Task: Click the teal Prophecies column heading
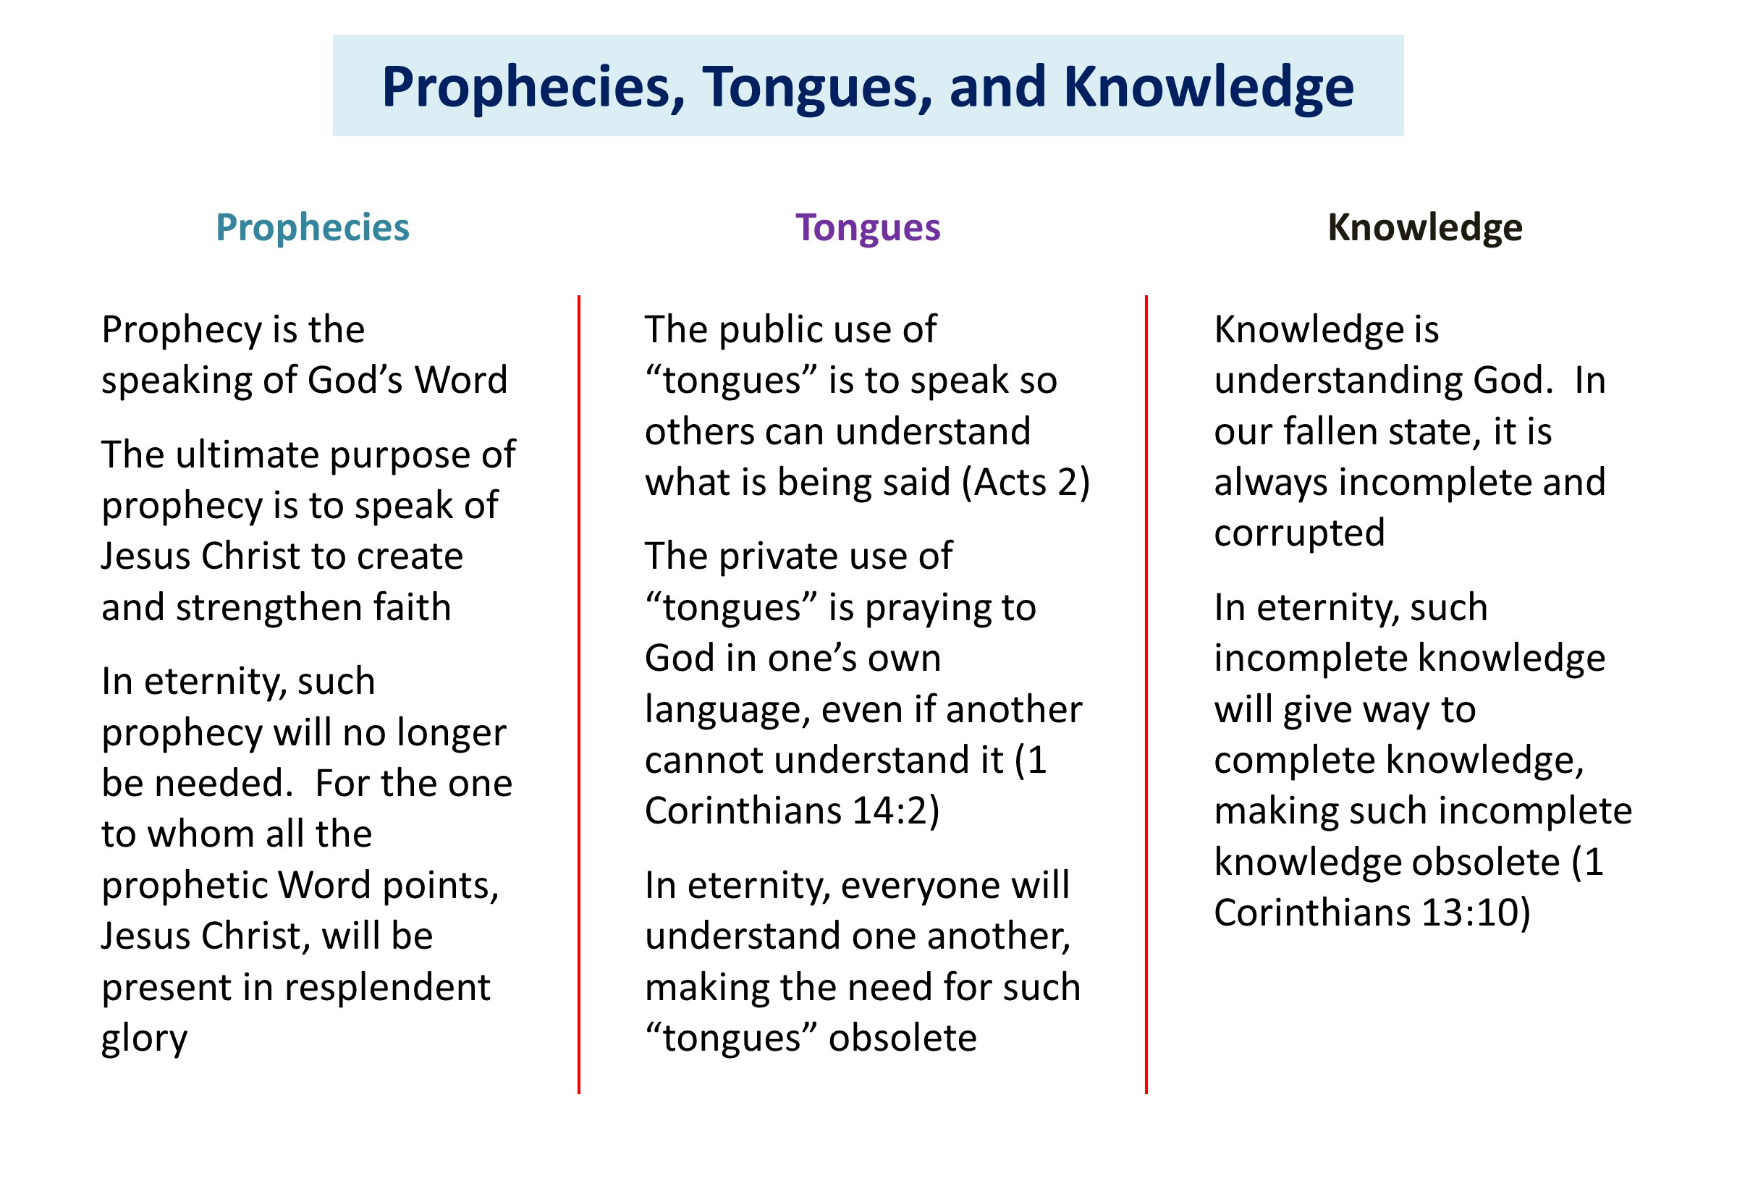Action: click(313, 228)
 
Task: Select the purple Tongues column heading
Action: click(868, 228)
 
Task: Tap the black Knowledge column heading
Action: click(1424, 228)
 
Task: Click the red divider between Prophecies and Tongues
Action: click(578, 695)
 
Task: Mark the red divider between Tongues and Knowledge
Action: click(1146, 695)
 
